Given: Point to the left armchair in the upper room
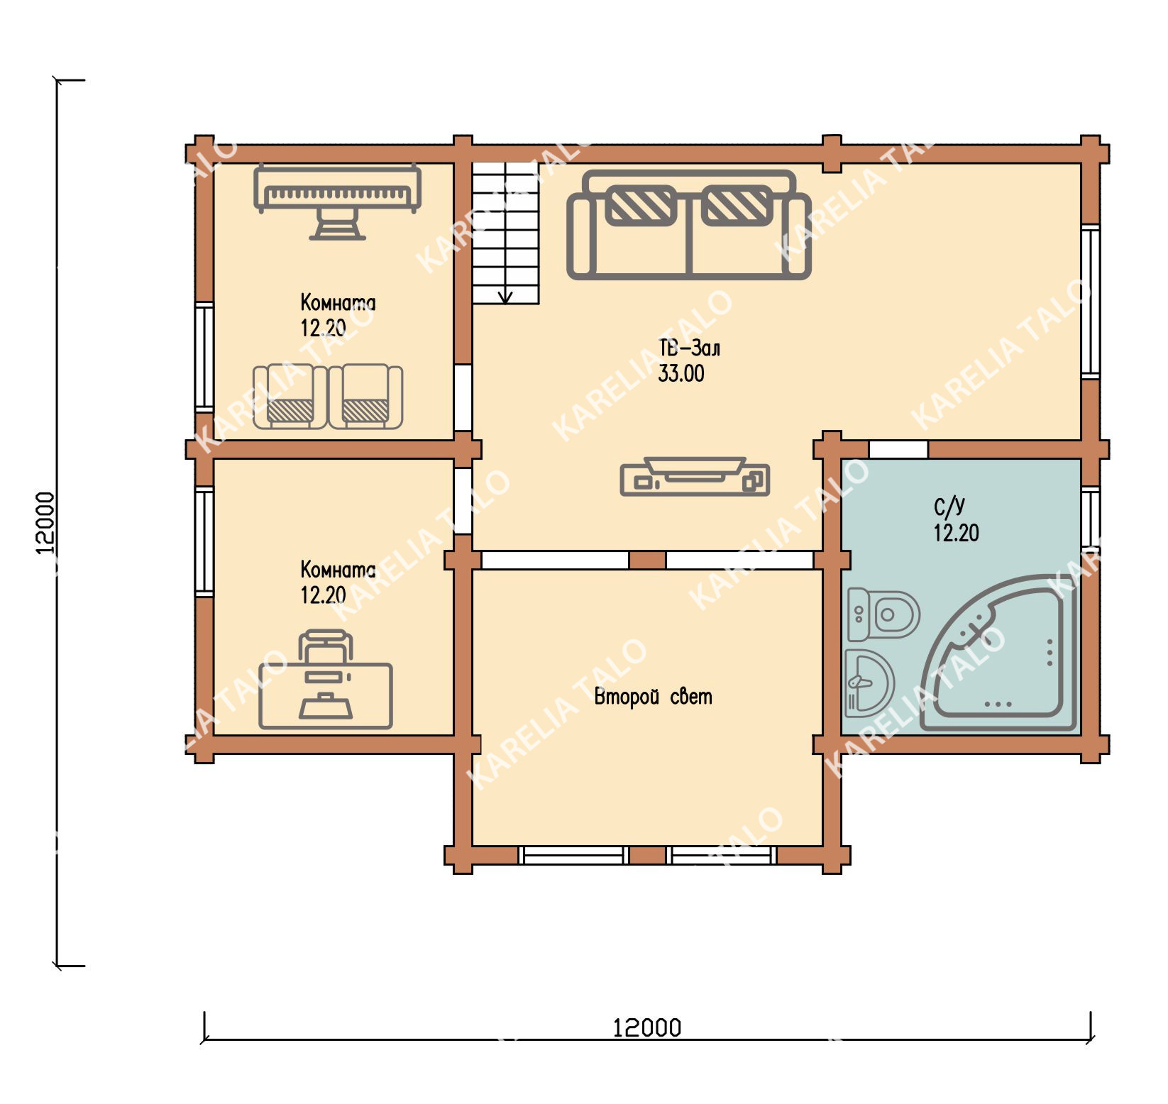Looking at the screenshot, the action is pyautogui.click(x=290, y=397).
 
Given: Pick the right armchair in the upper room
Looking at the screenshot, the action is pyautogui.click(x=365, y=397).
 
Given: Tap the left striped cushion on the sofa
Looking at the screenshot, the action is pyautogui.click(x=640, y=206).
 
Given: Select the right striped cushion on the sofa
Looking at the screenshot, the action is pyautogui.click(x=737, y=206).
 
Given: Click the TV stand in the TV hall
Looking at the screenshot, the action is pyautogui.click(x=695, y=476).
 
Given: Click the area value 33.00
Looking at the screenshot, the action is pyautogui.click(x=681, y=374).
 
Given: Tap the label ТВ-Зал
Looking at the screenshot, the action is pyautogui.click(x=689, y=348).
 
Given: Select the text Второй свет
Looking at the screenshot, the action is pyautogui.click(x=653, y=697).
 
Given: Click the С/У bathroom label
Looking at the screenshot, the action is pyautogui.click(x=949, y=507).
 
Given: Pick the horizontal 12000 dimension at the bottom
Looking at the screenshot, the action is pyautogui.click(x=647, y=1027).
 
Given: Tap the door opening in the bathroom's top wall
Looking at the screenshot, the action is pyautogui.click(x=898, y=449).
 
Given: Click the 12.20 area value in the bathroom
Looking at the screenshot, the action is pyautogui.click(x=957, y=533).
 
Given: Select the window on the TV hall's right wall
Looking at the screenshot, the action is pyautogui.click(x=1091, y=302).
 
